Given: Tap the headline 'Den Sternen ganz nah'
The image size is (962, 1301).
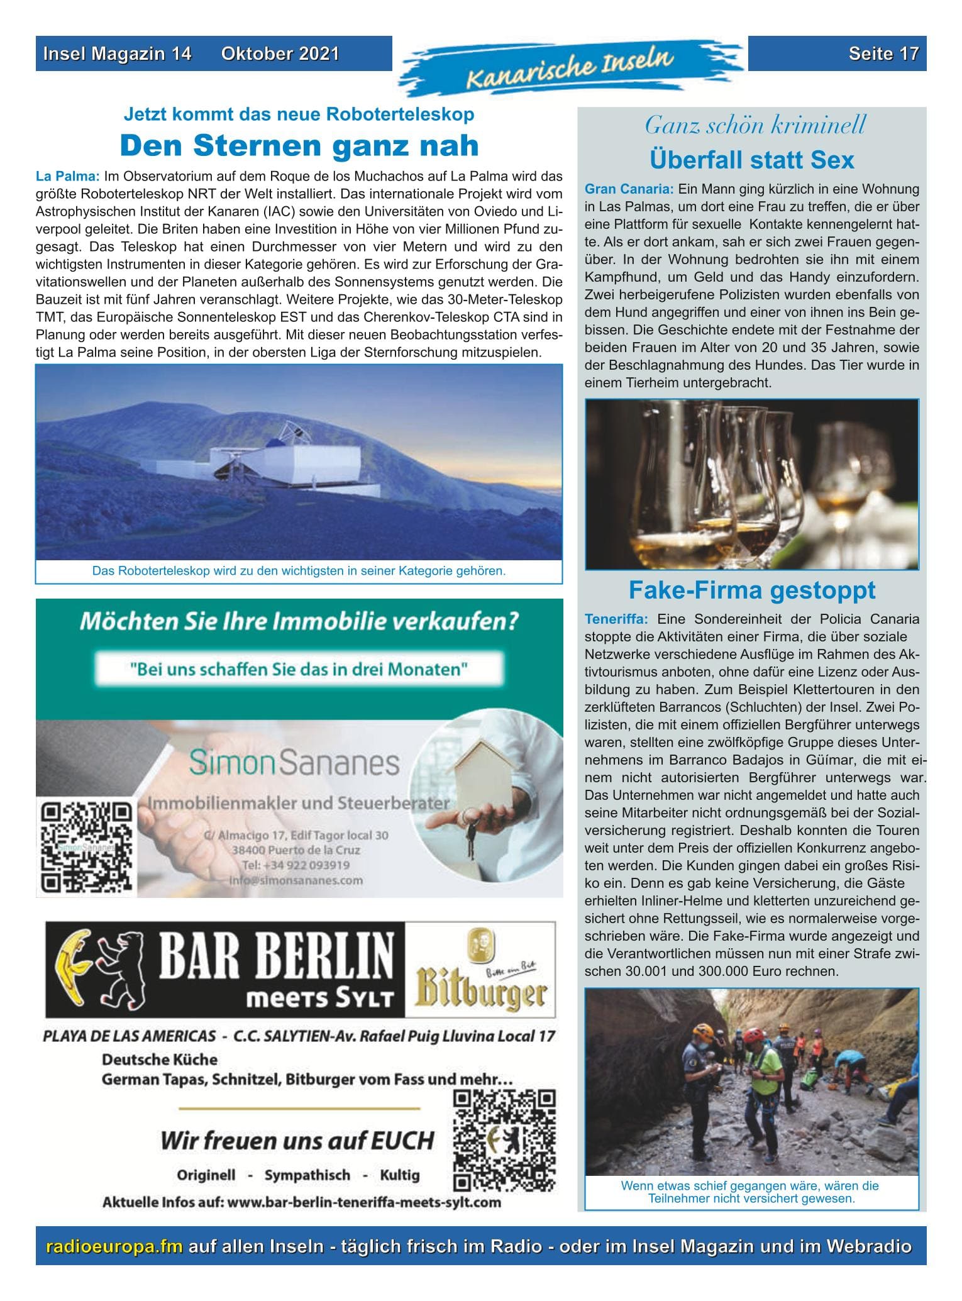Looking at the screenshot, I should click(x=299, y=145).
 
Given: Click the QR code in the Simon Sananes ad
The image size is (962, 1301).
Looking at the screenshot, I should click(x=86, y=846).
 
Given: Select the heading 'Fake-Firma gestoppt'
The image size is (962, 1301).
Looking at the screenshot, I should click(x=751, y=590).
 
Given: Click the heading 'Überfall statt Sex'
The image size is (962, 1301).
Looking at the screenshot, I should click(x=751, y=160).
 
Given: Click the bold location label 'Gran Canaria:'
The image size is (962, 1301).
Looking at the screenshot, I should click(x=629, y=189).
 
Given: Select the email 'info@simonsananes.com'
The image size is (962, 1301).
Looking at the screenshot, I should click(x=296, y=880).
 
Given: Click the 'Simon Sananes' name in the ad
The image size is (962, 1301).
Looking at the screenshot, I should click(x=294, y=763).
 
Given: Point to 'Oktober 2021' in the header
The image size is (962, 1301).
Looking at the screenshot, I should click(x=280, y=53).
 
